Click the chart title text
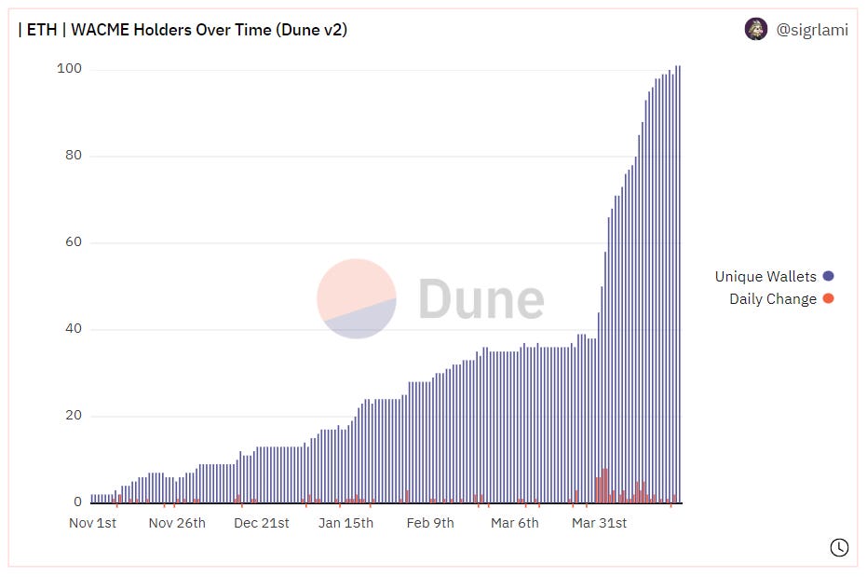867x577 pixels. (183, 30)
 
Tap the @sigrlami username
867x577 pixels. (812, 30)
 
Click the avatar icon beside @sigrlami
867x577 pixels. (756, 29)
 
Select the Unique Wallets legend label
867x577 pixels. (765, 277)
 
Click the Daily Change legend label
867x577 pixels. (773, 299)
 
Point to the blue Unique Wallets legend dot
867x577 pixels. (828, 277)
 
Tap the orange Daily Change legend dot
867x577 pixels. (828, 299)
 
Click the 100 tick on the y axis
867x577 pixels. (70, 69)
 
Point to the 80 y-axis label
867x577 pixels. (74, 156)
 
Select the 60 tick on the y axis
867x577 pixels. (74, 242)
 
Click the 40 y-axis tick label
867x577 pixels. (74, 329)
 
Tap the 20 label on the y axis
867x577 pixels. (74, 416)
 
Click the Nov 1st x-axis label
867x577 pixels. (92, 523)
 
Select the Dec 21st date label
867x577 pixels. (262, 523)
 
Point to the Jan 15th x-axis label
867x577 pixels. (345, 523)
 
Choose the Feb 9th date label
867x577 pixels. (430, 523)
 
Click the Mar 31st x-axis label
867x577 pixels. (599, 523)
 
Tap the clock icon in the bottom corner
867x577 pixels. (839, 547)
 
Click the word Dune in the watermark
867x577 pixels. (481, 299)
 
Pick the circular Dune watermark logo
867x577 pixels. (357, 298)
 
